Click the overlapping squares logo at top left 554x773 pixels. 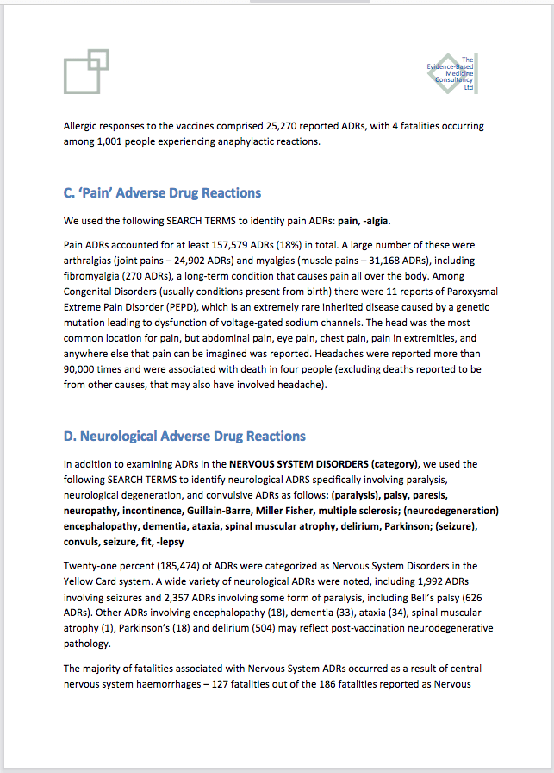(86, 72)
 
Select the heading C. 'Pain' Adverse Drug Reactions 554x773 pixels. (162, 192)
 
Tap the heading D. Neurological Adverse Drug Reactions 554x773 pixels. (184, 436)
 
